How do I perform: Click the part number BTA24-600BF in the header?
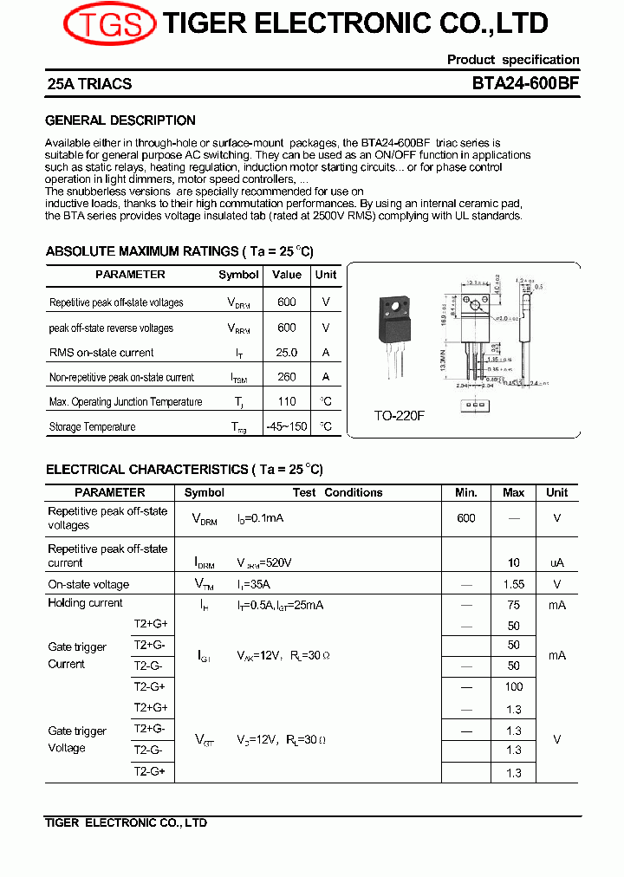(x=525, y=84)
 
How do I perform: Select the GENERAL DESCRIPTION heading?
(x=120, y=120)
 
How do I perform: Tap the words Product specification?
(x=513, y=60)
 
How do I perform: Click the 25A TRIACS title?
(x=88, y=84)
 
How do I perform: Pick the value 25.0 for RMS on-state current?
(x=286, y=353)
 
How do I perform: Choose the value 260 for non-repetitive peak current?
(x=287, y=377)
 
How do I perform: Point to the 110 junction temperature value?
(x=287, y=401)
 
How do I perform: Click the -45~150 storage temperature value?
(x=287, y=426)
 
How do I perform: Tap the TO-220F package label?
(x=400, y=416)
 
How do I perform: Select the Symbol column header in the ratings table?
(x=238, y=275)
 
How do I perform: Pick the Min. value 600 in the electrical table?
(x=466, y=517)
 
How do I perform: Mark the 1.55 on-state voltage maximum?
(x=514, y=585)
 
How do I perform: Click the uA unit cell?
(x=556, y=562)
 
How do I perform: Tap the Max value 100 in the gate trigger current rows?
(x=514, y=686)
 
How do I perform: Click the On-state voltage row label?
(x=88, y=585)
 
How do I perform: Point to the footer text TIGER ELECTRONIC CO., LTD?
(x=126, y=823)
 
